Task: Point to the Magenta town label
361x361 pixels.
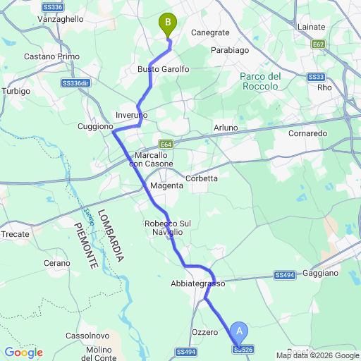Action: [x=166, y=185]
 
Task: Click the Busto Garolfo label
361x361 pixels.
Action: [x=164, y=69]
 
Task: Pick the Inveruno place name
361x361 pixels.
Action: [x=131, y=114]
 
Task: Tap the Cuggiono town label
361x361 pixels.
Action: [x=95, y=126]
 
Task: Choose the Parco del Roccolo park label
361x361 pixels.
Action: [x=261, y=81]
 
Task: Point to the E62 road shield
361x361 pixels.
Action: [x=319, y=44]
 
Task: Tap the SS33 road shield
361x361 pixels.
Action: [x=315, y=76]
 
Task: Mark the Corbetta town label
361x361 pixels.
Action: [x=202, y=178]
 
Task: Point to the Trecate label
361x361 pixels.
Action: [x=16, y=233]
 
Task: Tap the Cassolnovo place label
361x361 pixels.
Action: [x=85, y=336]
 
